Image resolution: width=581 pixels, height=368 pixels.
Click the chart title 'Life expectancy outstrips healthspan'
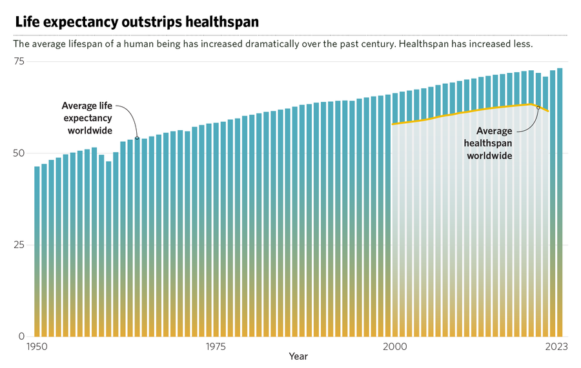click(x=136, y=22)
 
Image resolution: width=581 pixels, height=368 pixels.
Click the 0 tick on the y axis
click(x=21, y=336)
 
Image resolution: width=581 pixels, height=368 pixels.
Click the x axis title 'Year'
click(x=298, y=356)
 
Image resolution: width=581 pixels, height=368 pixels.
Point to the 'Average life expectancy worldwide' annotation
click(x=87, y=118)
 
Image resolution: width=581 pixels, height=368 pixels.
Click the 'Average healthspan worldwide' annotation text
click(x=489, y=143)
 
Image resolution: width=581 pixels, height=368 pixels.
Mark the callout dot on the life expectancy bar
click(x=137, y=138)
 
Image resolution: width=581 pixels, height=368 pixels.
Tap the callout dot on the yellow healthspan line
click(x=538, y=107)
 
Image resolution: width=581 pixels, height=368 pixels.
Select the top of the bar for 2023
click(x=560, y=69)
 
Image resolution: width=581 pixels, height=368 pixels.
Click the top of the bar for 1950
click(x=37, y=167)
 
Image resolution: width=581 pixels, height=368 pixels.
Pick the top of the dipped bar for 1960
click(x=108, y=162)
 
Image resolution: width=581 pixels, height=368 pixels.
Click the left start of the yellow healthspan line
click(x=392, y=124)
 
